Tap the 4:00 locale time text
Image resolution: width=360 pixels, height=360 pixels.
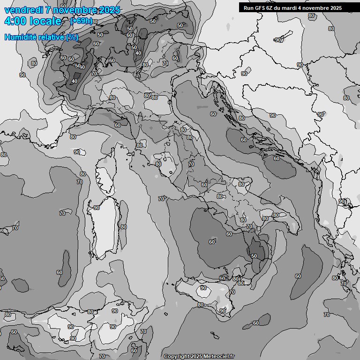33,21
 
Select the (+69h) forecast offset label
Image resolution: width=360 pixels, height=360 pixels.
81,21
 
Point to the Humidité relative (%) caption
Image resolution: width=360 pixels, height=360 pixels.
41,37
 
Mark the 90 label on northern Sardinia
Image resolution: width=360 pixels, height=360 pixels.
97,208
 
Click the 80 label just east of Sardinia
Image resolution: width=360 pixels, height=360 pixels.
123,227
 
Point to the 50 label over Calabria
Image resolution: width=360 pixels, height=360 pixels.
254,256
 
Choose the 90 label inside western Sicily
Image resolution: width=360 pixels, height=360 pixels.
203,288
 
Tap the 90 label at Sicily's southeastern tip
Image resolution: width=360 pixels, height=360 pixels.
223,311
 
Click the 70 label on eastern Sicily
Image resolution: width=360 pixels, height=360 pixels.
232,292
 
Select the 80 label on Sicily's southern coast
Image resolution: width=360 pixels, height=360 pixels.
201,305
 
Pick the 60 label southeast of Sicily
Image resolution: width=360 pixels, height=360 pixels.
256,323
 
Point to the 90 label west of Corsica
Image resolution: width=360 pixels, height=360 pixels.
77,152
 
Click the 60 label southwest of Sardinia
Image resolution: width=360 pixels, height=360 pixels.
60,272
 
